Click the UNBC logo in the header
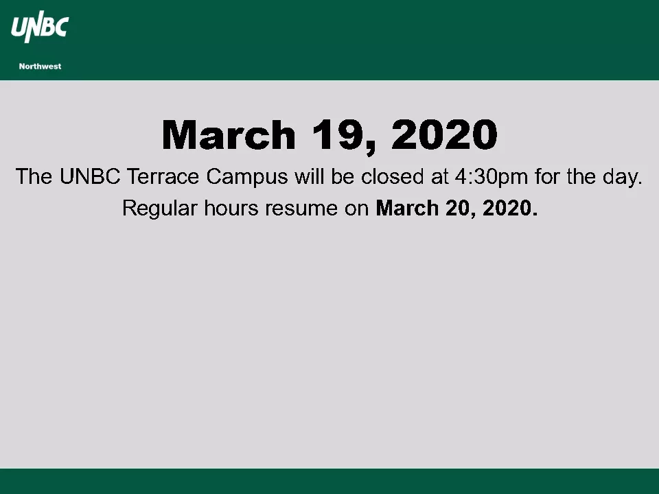pos(40,27)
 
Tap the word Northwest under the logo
pos(40,67)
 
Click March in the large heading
pos(229,134)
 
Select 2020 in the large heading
pos(445,134)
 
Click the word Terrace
pos(163,176)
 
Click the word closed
pos(393,176)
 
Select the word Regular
pos(160,209)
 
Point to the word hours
pos(231,208)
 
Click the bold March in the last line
pos(407,208)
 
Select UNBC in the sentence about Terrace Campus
pos(90,176)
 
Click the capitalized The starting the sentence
pos(34,176)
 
